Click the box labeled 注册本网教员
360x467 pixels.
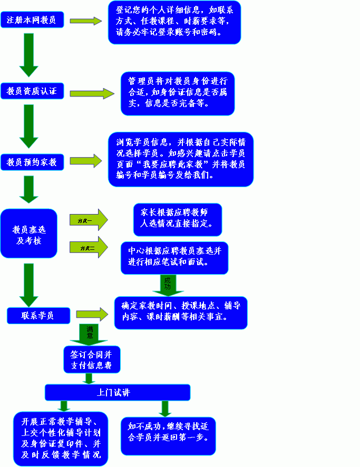(32, 21)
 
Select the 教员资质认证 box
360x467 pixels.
(32, 91)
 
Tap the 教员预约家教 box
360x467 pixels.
(32, 162)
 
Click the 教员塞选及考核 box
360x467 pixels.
(28, 234)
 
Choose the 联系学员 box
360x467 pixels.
(38, 315)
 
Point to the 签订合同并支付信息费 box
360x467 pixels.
(92, 359)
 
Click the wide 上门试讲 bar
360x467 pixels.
(117, 393)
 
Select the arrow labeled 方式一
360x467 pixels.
(88, 220)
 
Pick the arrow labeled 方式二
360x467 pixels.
(88, 247)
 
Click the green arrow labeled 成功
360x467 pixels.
(168, 285)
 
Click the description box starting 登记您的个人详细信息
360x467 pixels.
(174, 22)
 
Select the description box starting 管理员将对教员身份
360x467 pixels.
(177, 93)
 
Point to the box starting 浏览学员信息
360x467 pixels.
(180, 159)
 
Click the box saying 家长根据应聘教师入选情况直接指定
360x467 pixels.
(177, 219)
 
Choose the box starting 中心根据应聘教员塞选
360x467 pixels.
(174, 257)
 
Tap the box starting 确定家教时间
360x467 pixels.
(180, 312)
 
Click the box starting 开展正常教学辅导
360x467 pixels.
(60, 439)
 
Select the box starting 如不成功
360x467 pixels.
(168, 435)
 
